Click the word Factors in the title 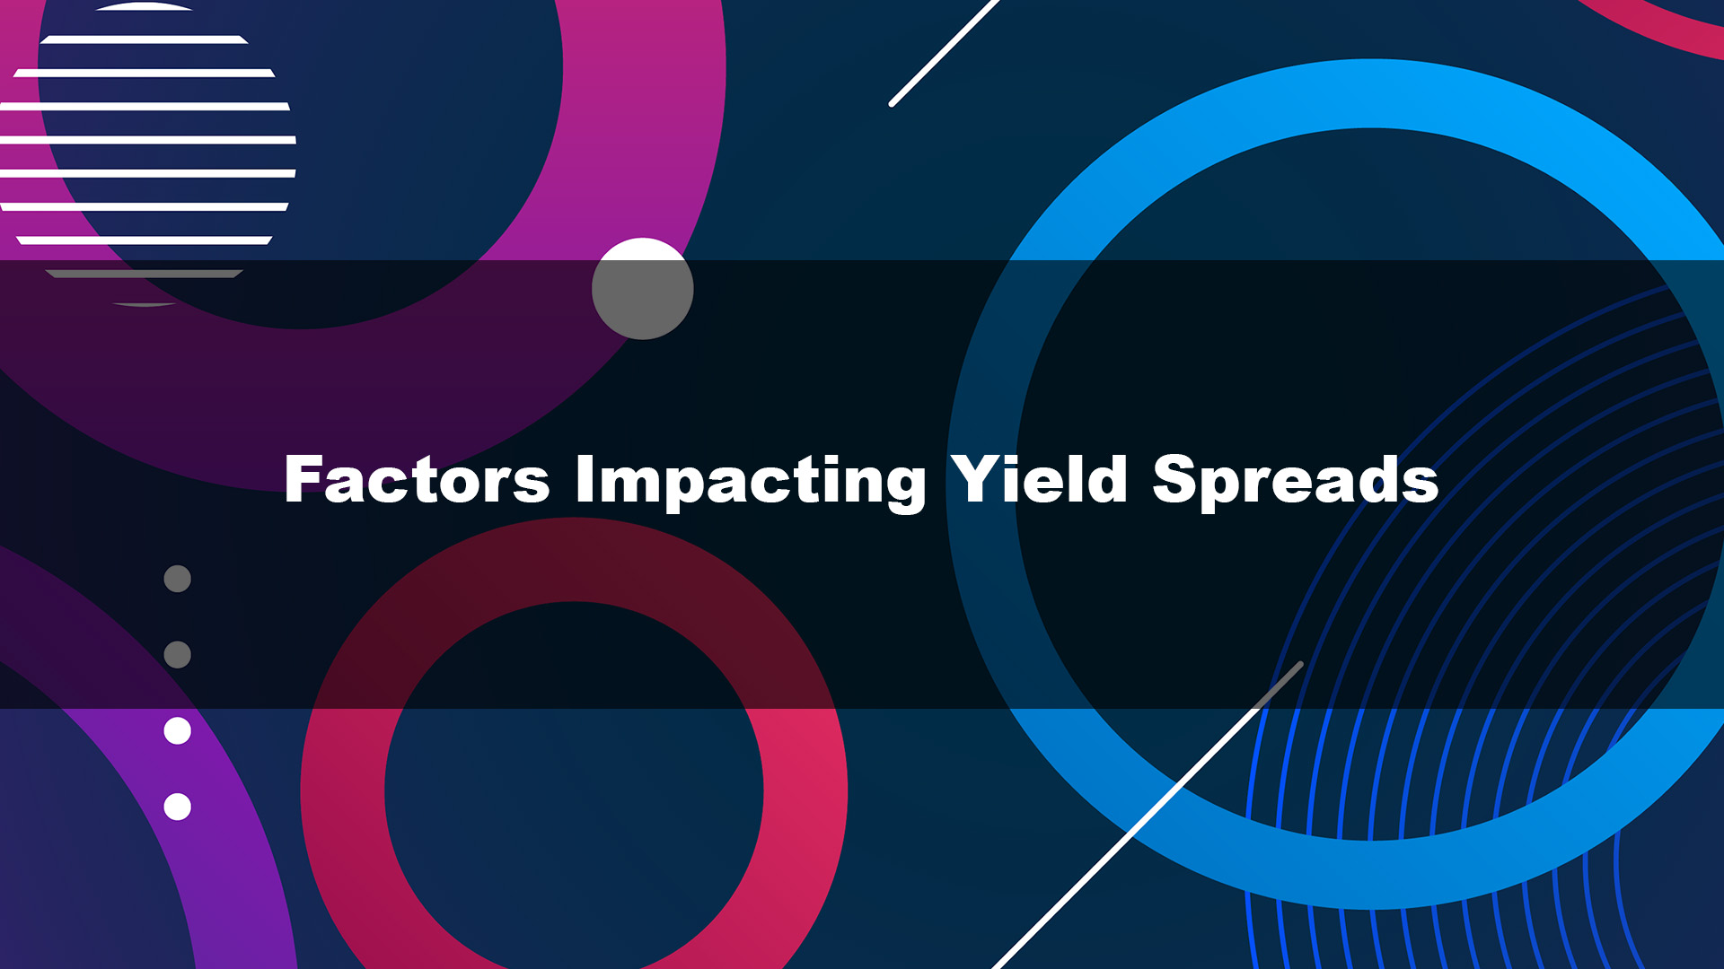pos(417,479)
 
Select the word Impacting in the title pos(751,482)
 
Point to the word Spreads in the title pos(1296,482)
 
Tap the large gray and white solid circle pos(643,289)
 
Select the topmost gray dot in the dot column pos(178,579)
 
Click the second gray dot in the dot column pos(178,655)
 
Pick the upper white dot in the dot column pos(178,731)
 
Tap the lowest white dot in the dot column pos(178,807)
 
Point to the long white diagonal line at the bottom pos(1148,816)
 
